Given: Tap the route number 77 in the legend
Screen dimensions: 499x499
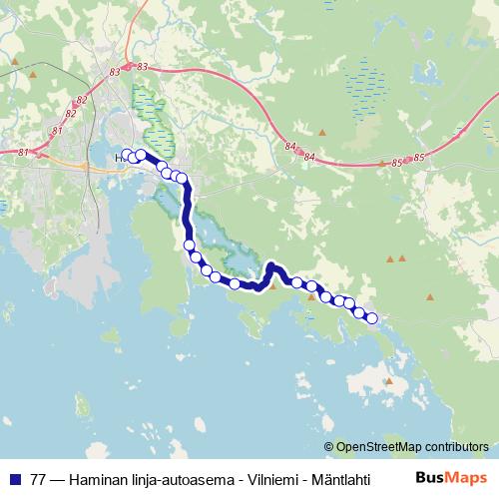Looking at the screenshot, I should click(38, 478).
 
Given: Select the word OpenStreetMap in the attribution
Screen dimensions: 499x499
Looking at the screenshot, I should click(377, 447).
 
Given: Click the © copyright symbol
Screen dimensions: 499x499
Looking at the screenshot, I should click(329, 447).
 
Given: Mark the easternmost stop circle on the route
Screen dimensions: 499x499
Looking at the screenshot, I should click(372, 318).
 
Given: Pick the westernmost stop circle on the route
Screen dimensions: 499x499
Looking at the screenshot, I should click(127, 155).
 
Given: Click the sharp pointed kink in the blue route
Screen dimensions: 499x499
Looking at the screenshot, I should click(270, 265).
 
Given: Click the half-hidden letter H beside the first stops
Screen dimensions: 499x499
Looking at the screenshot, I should click(120, 158).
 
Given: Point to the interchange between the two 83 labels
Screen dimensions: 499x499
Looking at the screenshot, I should click(128, 68).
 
